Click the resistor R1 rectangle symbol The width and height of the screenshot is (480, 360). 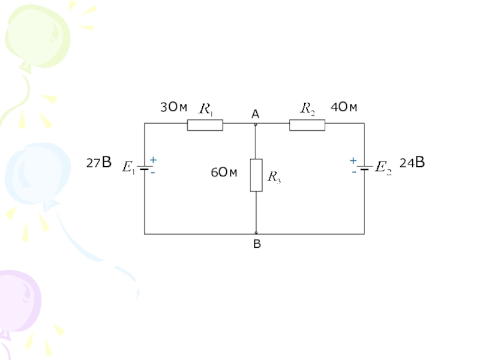click(x=205, y=125)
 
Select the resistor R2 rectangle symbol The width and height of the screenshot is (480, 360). click(x=307, y=125)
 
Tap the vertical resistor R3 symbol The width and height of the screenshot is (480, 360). click(x=256, y=175)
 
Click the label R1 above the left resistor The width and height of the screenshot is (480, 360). click(x=206, y=109)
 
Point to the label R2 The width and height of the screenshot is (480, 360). click(x=308, y=109)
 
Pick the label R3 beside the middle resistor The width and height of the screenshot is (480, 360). click(x=274, y=176)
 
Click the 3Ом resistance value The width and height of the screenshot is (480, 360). click(x=173, y=108)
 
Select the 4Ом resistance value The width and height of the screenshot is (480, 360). click(x=344, y=108)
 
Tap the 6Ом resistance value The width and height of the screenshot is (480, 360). click(x=224, y=173)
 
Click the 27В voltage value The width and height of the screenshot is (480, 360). click(x=99, y=163)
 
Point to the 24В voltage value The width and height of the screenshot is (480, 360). click(x=412, y=163)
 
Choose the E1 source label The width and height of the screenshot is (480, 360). click(x=128, y=167)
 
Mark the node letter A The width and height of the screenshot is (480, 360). click(x=255, y=114)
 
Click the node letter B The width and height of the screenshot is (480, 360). click(x=257, y=244)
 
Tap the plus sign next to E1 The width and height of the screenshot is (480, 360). click(x=153, y=160)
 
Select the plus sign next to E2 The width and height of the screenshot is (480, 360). click(x=353, y=161)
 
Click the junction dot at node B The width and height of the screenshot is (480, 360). click(x=256, y=233)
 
